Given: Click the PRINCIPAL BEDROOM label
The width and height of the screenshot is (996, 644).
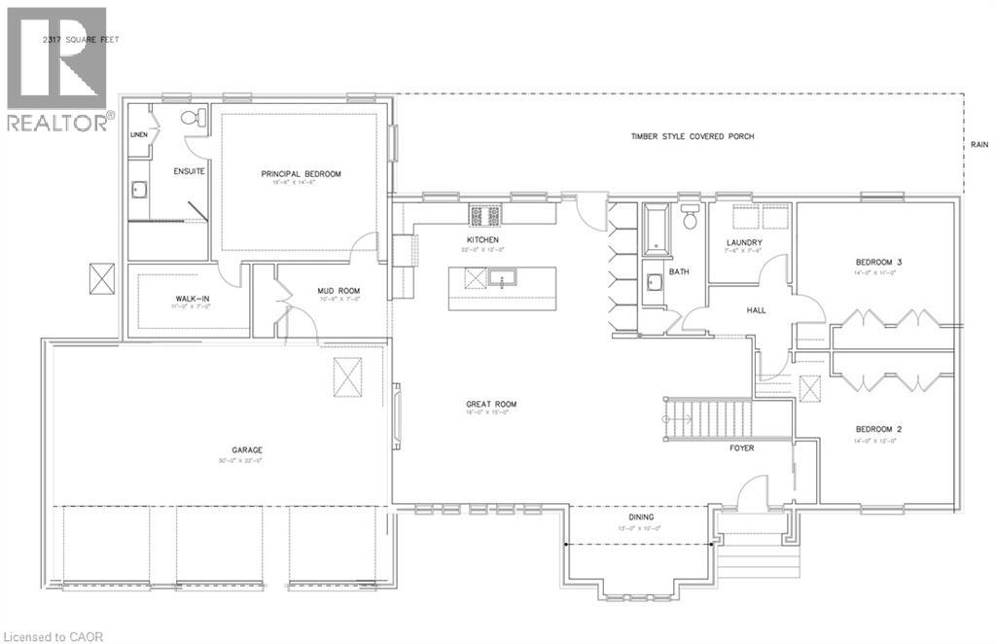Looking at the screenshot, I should click(x=301, y=174).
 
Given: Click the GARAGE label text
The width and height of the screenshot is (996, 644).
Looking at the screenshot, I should click(x=247, y=449).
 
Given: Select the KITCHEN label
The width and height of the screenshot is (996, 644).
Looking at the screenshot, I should click(x=482, y=239).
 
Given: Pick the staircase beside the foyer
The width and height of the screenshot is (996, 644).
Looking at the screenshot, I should click(x=709, y=418).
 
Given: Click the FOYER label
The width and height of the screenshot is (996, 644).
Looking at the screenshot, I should click(x=743, y=448).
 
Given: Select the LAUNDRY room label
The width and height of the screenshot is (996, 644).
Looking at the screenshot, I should click(x=744, y=242).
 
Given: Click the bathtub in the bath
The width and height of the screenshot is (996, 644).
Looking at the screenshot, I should click(x=654, y=229).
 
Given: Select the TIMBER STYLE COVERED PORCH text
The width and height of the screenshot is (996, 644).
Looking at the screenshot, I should click(x=692, y=136).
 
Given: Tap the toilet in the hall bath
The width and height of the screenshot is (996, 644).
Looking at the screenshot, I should click(x=691, y=218).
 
